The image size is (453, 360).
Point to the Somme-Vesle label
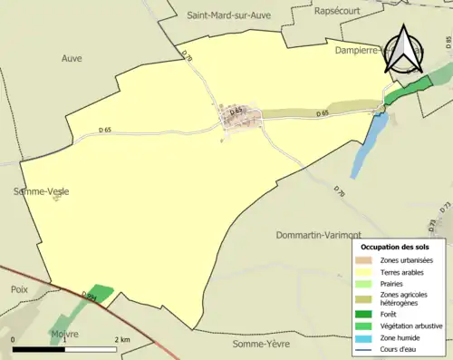click(x=41, y=191)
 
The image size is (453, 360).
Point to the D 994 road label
click(x=90, y=297)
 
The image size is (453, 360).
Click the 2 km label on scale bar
click(x=120, y=339)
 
